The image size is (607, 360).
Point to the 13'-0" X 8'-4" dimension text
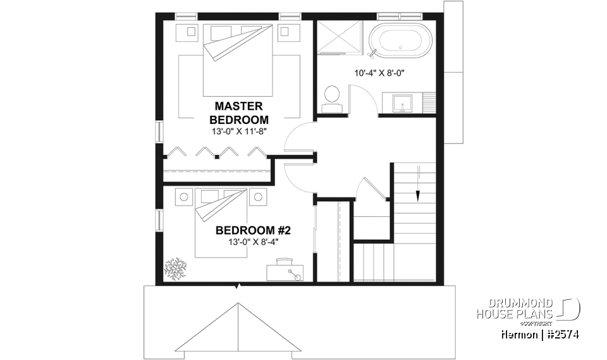[x=252, y=242]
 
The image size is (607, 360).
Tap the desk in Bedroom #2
[x=285, y=271]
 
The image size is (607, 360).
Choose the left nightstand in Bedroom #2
[x=184, y=197]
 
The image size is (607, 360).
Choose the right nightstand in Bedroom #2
[x=257, y=197]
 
